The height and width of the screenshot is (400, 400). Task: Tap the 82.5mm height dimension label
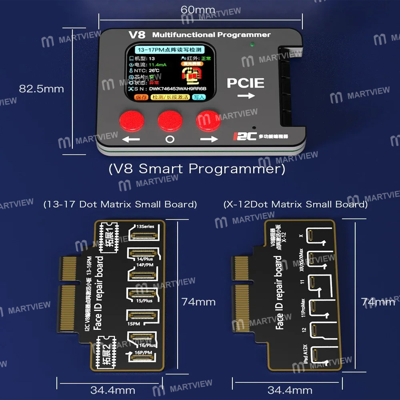point(42,89)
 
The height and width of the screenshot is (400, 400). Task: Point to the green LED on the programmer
point(251,45)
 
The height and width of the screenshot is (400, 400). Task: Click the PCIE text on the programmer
point(246,83)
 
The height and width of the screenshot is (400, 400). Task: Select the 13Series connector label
point(145,226)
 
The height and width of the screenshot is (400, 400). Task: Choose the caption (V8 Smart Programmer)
point(197,169)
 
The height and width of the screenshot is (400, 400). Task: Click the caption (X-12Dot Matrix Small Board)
point(296,204)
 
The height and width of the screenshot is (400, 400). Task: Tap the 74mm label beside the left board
point(198,302)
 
